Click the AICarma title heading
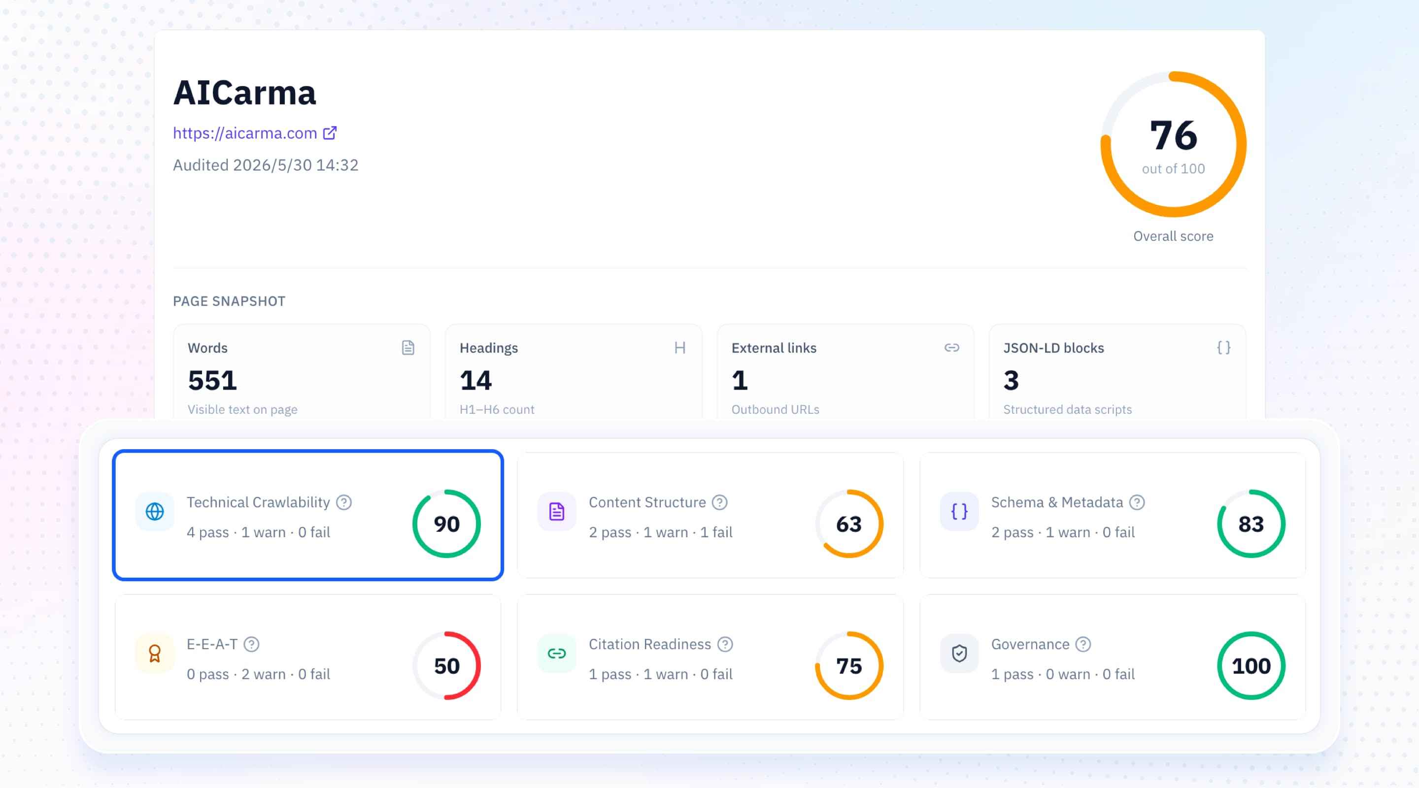(x=244, y=93)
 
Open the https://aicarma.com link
(x=245, y=133)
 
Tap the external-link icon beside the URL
(x=330, y=132)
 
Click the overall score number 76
(x=1173, y=135)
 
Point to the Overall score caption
(x=1173, y=236)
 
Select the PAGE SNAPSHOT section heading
(x=229, y=301)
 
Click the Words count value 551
(x=213, y=381)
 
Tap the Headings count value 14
(x=476, y=381)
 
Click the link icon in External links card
(x=952, y=348)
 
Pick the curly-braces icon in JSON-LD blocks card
(x=1223, y=348)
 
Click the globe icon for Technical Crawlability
(x=155, y=512)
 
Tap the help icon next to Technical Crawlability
(x=344, y=502)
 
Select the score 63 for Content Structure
(x=849, y=524)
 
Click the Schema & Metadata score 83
(x=1251, y=524)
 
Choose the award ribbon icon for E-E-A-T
(x=155, y=654)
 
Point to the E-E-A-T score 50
(x=447, y=666)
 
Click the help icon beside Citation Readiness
(x=725, y=644)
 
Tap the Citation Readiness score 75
(x=849, y=666)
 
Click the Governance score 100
(x=1251, y=666)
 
